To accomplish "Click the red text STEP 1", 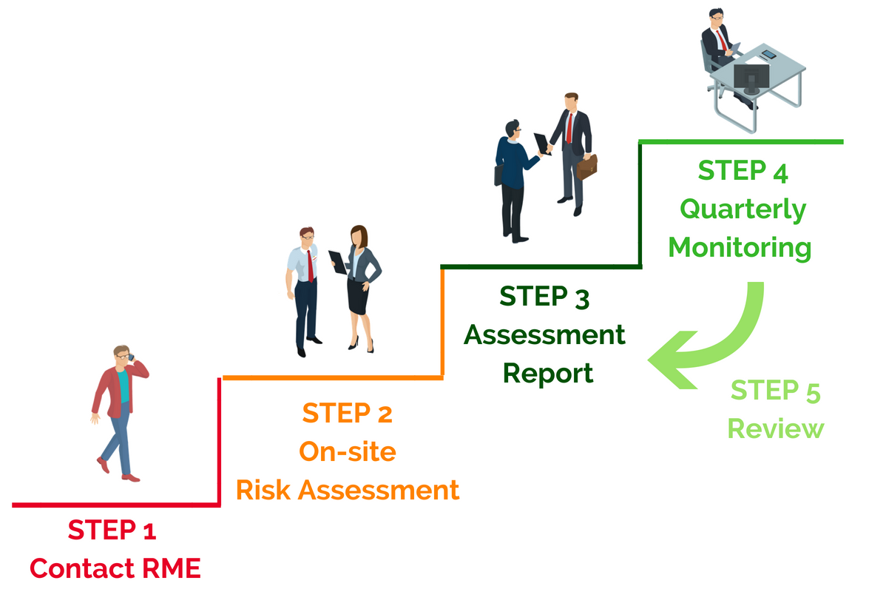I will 112,531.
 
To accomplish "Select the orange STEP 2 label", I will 347,413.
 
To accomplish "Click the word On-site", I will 347,451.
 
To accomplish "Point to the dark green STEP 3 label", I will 544,297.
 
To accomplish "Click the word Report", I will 548,373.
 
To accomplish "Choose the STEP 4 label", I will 743,171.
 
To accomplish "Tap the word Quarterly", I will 743,209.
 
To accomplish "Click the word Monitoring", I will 740,247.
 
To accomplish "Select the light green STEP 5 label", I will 775,391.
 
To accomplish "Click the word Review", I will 775,428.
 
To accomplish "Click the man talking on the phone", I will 117,411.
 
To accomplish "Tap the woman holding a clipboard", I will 362,285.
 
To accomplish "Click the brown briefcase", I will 587,166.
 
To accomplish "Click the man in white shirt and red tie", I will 305,289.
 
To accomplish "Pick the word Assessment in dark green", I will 544,335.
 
